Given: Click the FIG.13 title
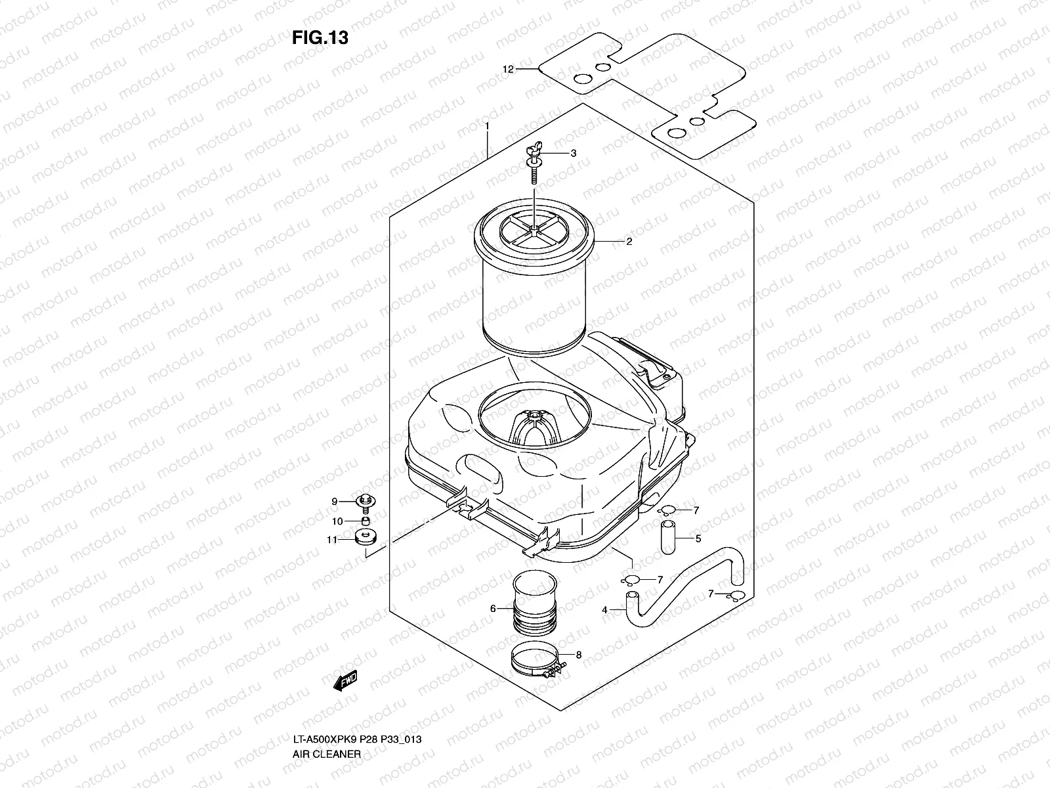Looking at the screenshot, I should point(320,38).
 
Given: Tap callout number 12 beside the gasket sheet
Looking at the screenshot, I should point(507,69).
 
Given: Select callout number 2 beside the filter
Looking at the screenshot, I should point(629,242).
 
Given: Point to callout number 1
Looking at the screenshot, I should point(487,125).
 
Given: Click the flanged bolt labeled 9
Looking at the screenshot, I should point(364,502).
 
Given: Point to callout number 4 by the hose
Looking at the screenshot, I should point(604,610).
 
